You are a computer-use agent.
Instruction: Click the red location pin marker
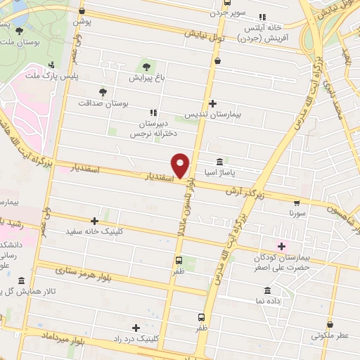(181, 165)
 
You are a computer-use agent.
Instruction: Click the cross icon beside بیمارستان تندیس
(213, 103)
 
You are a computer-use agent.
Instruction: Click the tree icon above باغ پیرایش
(146, 67)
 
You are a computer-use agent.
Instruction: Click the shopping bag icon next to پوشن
(82, 11)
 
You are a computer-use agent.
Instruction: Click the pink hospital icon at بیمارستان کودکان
(282, 246)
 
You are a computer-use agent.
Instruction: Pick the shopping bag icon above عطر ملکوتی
(330, 324)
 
